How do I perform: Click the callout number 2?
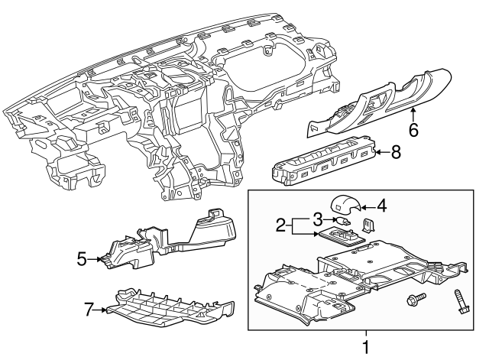pos(281,225)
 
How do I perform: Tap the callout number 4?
pos(382,205)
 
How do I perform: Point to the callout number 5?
pos(83,259)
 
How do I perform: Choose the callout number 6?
pos(413,130)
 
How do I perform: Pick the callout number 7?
pos(89,310)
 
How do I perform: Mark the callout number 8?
pos(395,152)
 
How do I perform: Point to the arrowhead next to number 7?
pos(104,310)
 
